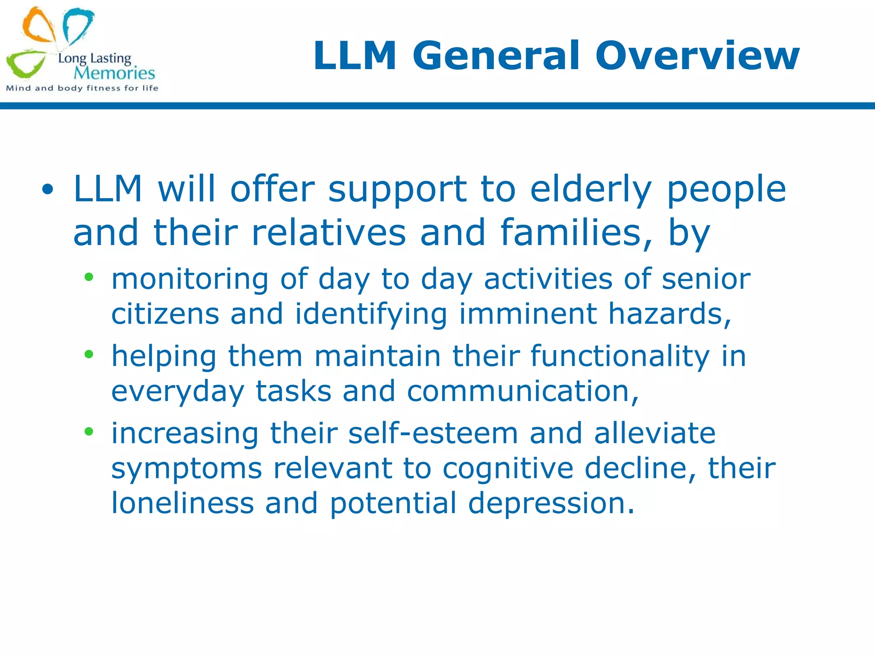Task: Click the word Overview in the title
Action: [x=697, y=56]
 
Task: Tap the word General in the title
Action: [x=496, y=56]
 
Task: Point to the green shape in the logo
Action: [x=26, y=64]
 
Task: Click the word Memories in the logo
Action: [x=114, y=73]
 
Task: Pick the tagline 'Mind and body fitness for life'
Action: [x=82, y=88]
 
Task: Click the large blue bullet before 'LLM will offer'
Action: [x=48, y=189]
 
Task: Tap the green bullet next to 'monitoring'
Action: [x=89, y=278]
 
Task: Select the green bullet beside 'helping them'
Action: [x=89, y=354]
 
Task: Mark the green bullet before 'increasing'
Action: [x=89, y=431]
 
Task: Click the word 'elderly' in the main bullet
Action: [x=591, y=189]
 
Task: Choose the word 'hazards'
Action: [x=669, y=314]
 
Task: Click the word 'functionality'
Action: [x=620, y=356]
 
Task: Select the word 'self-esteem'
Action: [x=433, y=433]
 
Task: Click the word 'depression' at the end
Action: [x=551, y=503]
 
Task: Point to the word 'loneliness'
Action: [x=182, y=503]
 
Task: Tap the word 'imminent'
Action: [x=528, y=314]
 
